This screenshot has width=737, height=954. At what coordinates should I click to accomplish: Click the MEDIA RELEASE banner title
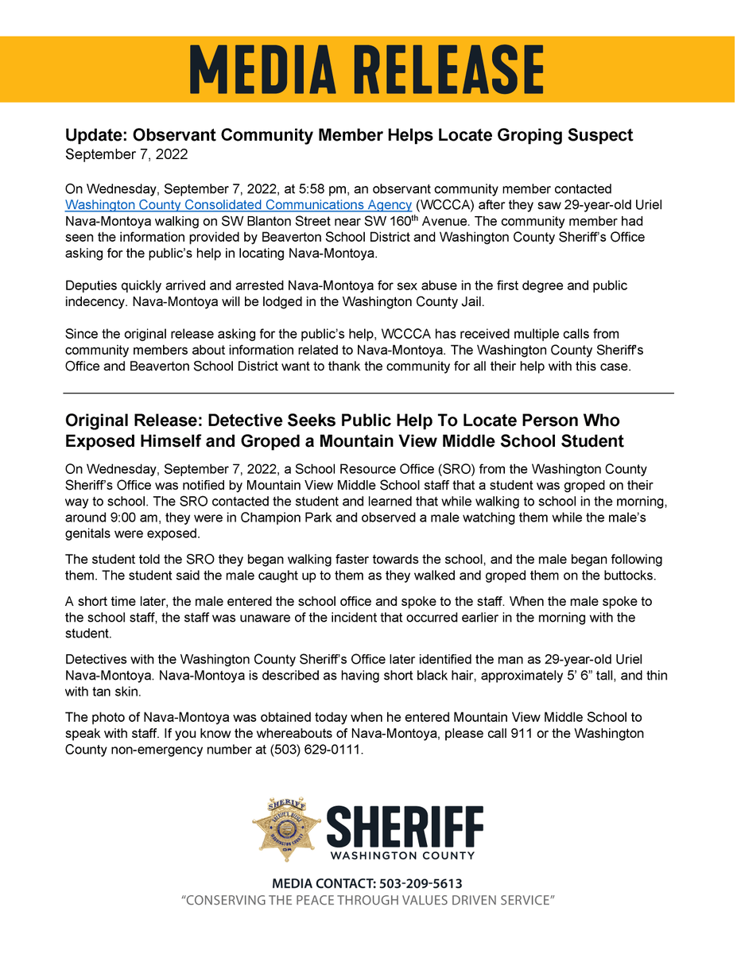pos(367,70)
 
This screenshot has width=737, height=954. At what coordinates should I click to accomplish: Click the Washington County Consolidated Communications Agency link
pos(238,204)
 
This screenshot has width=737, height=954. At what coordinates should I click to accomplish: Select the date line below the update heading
pos(126,154)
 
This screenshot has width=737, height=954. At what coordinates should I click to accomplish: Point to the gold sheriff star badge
pos(286,829)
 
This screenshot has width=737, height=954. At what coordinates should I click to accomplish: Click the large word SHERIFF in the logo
pos(404,828)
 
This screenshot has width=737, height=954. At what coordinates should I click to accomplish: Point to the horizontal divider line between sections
pos(368,393)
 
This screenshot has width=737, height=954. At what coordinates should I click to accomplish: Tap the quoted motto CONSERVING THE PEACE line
pos(367,900)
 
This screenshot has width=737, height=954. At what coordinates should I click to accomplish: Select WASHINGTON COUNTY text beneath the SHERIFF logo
pos(401,855)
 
